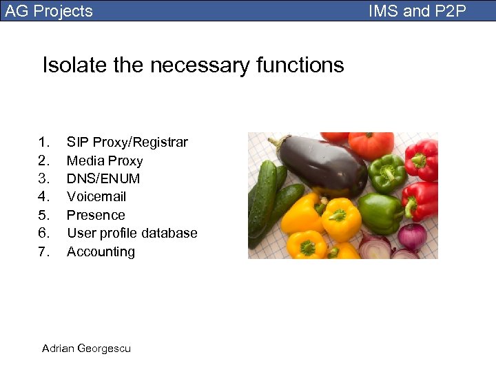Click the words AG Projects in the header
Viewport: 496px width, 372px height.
pyautogui.click(x=49, y=11)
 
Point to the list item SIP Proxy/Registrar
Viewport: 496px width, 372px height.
pyautogui.click(x=127, y=143)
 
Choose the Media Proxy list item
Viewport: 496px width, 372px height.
pyautogui.click(x=105, y=161)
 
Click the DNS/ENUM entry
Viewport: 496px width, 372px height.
pyautogui.click(x=103, y=178)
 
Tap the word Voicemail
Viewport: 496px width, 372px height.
pyautogui.click(x=96, y=197)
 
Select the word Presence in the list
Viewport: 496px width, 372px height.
pyautogui.click(x=96, y=215)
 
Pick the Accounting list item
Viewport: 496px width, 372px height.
pyautogui.click(x=101, y=251)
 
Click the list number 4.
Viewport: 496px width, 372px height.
pyautogui.click(x=45, y=197)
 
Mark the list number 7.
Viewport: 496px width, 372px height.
pyautogui.click(x=45, y=251)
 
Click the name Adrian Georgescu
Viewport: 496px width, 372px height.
pyautogui.click(x=86, y=348)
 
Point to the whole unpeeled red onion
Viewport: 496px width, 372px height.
pyautogui.click(x=413, y=236)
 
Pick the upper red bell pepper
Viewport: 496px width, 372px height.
pyautogui.click(x=422, y=158)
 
